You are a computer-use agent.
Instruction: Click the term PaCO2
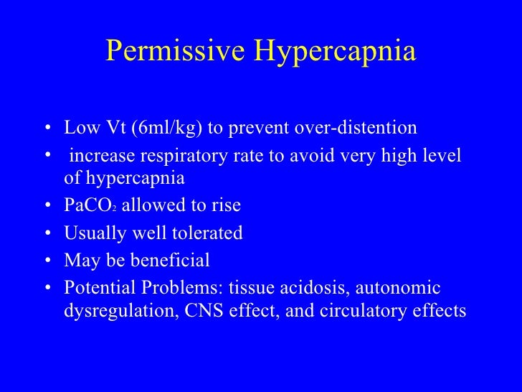click(x=88, y=206)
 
